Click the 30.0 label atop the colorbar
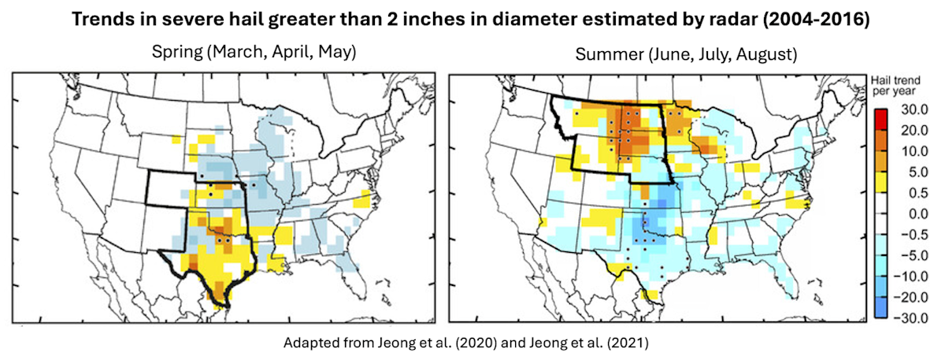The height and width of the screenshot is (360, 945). (x=916, y=109)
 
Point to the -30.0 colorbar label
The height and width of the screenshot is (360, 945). (x=914, y=317)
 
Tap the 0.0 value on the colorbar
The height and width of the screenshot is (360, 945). (x=916, y=213)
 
